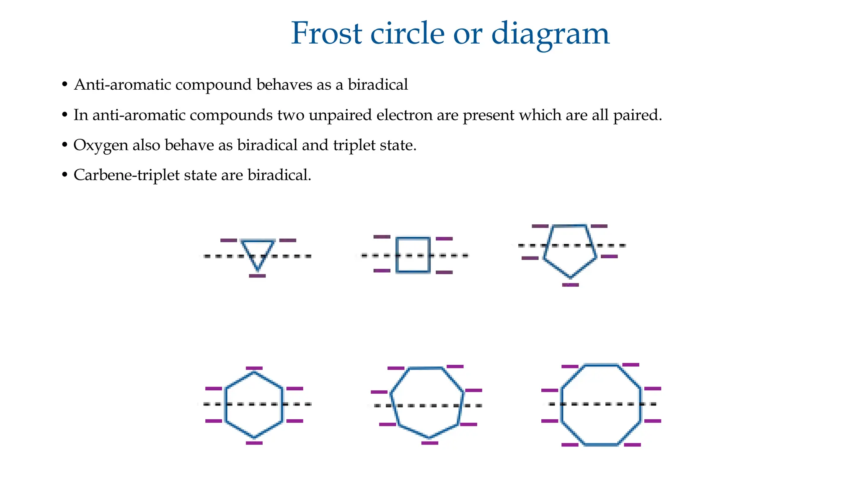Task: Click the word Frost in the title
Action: coord(326,34)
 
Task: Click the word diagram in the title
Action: coord(550,34)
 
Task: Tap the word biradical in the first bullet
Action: coord(378,85)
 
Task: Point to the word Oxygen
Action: coord(101,145)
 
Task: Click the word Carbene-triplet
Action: coord(124,175)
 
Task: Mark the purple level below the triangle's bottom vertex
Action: coord(257,276)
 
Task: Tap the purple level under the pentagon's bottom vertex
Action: coord(571,285)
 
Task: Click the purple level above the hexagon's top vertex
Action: coord(254,368)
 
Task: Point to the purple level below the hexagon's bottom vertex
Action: coord(254,443)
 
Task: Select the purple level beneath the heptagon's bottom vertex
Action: coord(430,443)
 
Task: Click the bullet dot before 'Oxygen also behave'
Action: coord(65,145)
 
